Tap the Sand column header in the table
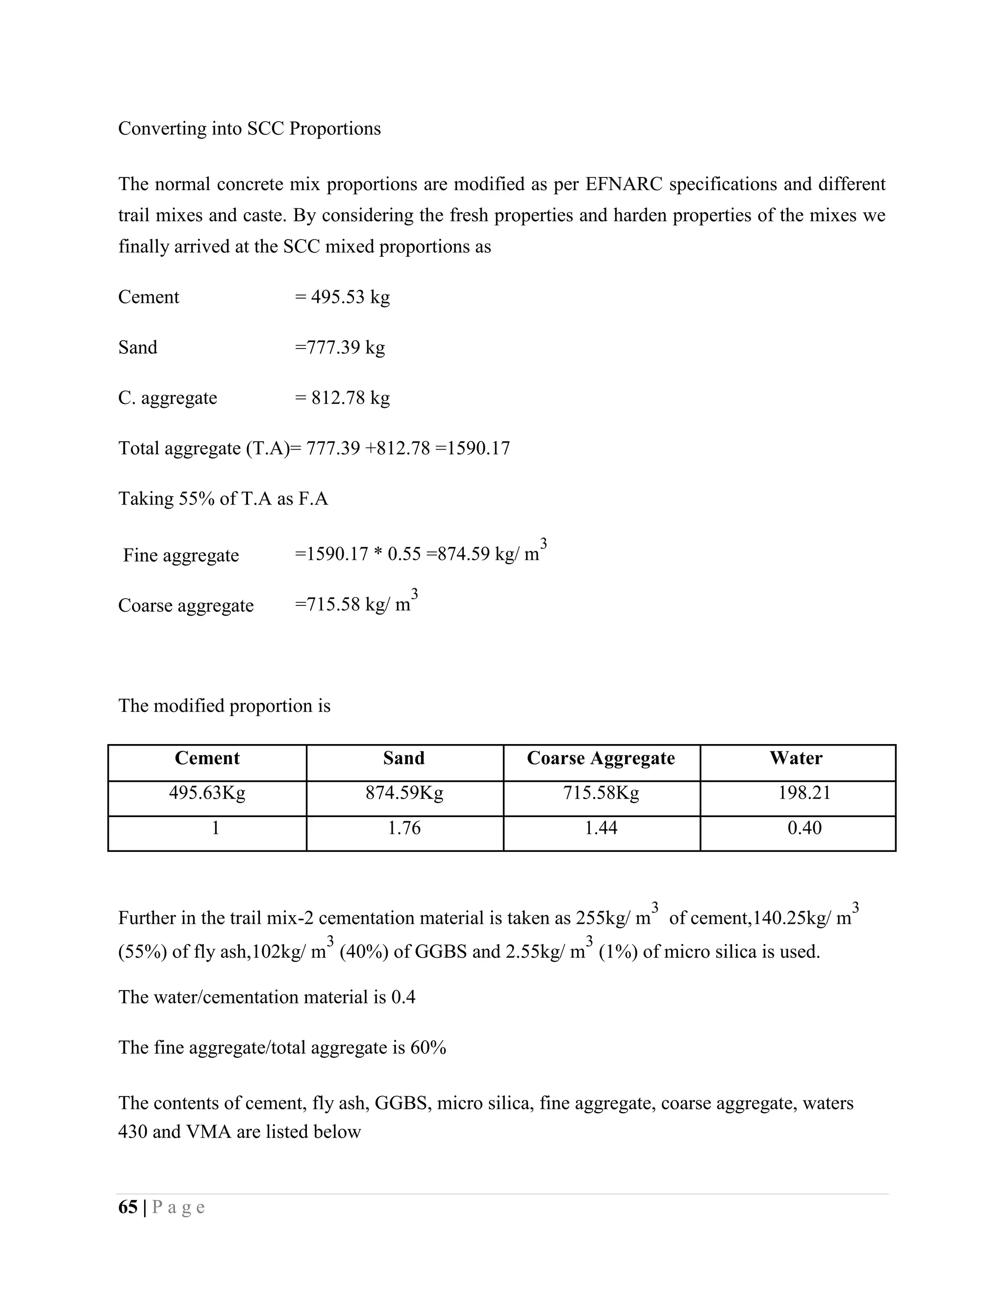point(404,758)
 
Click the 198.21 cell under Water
point(804,793)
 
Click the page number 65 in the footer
point(128,1207)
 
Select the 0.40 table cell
point(804,828)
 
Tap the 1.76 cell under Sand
point(404,828)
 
